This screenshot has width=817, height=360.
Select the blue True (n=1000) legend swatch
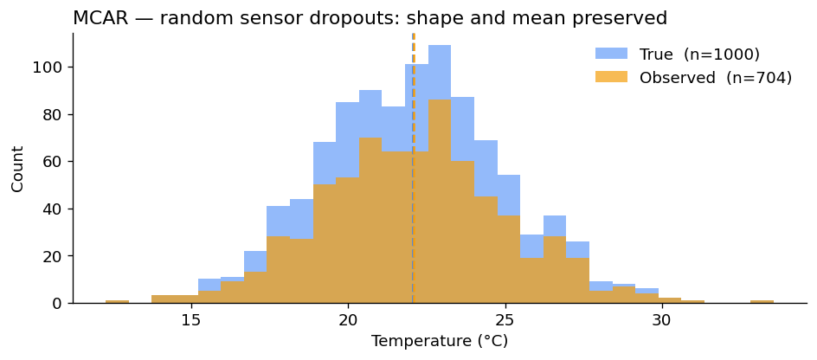tap(611, 54)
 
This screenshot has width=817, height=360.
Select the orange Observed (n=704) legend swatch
tap(611, 78)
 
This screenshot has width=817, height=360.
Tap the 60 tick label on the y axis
tap(55, 162)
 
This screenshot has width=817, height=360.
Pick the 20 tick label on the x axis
tap(348, 318)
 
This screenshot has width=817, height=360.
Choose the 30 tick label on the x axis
tap(661, 318)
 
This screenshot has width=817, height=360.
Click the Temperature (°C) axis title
tap(440, 342)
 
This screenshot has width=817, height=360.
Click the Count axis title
tap(18, 169)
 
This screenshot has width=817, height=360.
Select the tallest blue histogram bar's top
tap(440, 47)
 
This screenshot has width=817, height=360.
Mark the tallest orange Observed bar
tap(440, 101)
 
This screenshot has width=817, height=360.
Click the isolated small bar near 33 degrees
tap(762, 301)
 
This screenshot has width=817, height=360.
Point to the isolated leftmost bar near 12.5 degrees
tap(117, 301)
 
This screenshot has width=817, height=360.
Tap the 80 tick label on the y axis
tap(55, 114)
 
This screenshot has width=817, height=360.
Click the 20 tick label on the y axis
tap(55, 256)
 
